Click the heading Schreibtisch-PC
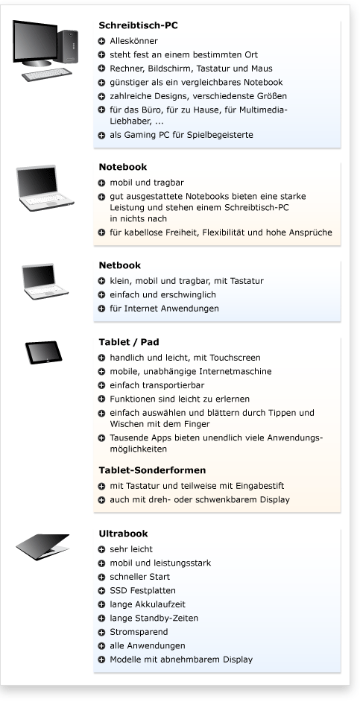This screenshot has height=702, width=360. (x=138, y=25)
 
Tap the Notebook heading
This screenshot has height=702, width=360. (x=122, y=167)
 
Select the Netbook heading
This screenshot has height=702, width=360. (x=119, y=265)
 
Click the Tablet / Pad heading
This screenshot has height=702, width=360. (x=128, y=343)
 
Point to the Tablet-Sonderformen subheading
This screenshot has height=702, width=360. (x=152, y=470)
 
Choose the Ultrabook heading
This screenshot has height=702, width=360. (x=123, y=534)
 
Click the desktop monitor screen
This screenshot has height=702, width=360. (x=37, y=42)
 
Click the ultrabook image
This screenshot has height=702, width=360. (x=42, y=547)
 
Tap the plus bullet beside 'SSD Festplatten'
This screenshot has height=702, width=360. (x=102, y=591)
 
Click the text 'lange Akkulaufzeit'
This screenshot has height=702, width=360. (x=145, y=604)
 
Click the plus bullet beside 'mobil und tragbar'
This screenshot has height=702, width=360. (x=102, y=183)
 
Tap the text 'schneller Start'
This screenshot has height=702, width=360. (x=139, y=577)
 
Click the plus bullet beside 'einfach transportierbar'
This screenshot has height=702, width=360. (x=102, y=385)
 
